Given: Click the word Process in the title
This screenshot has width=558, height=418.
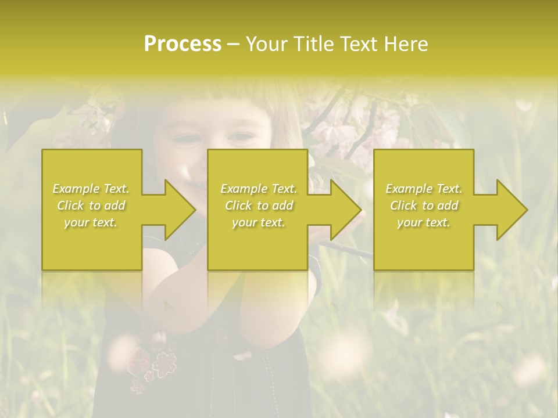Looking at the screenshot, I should [183, 44].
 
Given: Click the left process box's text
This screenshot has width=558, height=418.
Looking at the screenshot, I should [91, 206].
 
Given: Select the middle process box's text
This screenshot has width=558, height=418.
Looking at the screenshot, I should [258, 206].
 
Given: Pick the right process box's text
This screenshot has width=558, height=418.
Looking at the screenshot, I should [424, 206].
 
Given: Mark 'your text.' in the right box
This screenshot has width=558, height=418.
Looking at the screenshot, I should [424, 222].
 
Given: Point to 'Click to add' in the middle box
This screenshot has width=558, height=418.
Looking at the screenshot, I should [258, 206].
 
